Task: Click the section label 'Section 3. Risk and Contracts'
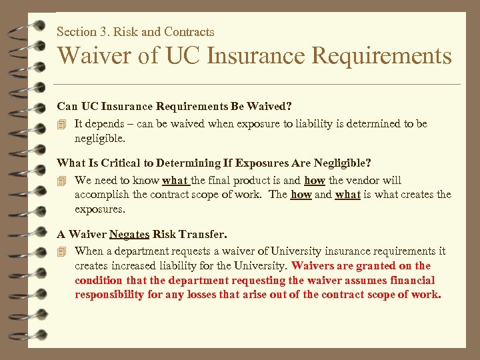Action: click(x=135, y=31)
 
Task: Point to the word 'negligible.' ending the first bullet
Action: click(x=99, y=139)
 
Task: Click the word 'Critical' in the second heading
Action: click(x=130, y=162)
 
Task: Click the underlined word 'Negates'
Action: click(x=129, y=234)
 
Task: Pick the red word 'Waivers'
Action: click(x=313, y=265)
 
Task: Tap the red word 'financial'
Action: click(x=411, y=280)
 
